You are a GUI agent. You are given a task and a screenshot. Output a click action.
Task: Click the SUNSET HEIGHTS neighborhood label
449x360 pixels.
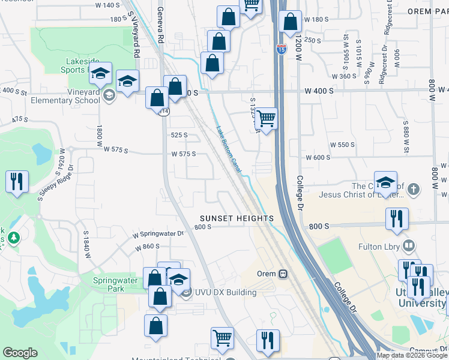(x=237, y=218)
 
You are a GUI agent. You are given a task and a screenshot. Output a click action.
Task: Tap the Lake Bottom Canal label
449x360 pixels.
(x=228, y=149)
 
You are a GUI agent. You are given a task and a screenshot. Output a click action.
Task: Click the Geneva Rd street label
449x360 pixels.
(x=160, y=24)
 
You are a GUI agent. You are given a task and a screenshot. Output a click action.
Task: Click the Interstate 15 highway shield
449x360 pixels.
(x=282, y=50)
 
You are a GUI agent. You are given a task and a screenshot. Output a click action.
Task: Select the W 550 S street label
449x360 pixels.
(x=343, y=145)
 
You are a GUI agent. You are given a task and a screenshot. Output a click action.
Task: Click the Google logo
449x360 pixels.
(x=20, y=353)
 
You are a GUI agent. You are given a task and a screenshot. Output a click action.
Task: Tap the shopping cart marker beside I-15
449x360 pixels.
(x=265, y=118)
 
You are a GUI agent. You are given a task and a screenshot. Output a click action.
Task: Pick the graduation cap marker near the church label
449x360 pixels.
(x=385, y=182)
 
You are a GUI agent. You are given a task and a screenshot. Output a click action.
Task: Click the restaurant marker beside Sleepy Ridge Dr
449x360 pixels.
(x=17, y=181)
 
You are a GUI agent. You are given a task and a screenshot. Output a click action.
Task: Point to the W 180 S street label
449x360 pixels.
(x=316, y=20)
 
